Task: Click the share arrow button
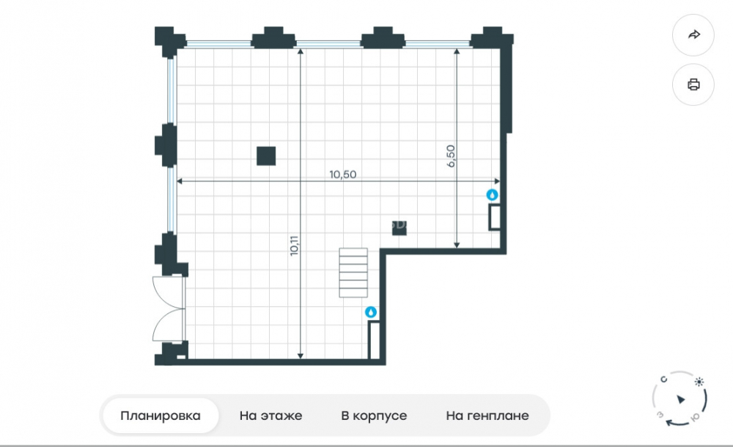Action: point(693,34)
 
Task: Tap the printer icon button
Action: point(693,84)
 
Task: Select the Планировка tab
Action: point(161,415)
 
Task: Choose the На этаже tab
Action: point(270,415)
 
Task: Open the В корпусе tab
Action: point(374,415)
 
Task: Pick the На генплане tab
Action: point(487,415)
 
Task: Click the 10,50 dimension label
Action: point(342,175)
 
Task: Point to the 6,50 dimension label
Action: point(451,156)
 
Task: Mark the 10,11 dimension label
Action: point(294,245)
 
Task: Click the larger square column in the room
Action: point(266,156)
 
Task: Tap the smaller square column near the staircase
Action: point(399,228)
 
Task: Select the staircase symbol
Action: point(353,273)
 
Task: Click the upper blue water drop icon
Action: point(492,195)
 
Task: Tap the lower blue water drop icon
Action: point(371,312)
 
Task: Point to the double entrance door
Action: point(169,309)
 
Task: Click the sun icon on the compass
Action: point(699,382)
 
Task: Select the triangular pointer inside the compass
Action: point(681,399)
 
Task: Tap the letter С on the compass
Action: point(663,379)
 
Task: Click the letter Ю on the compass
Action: point(695,418)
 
